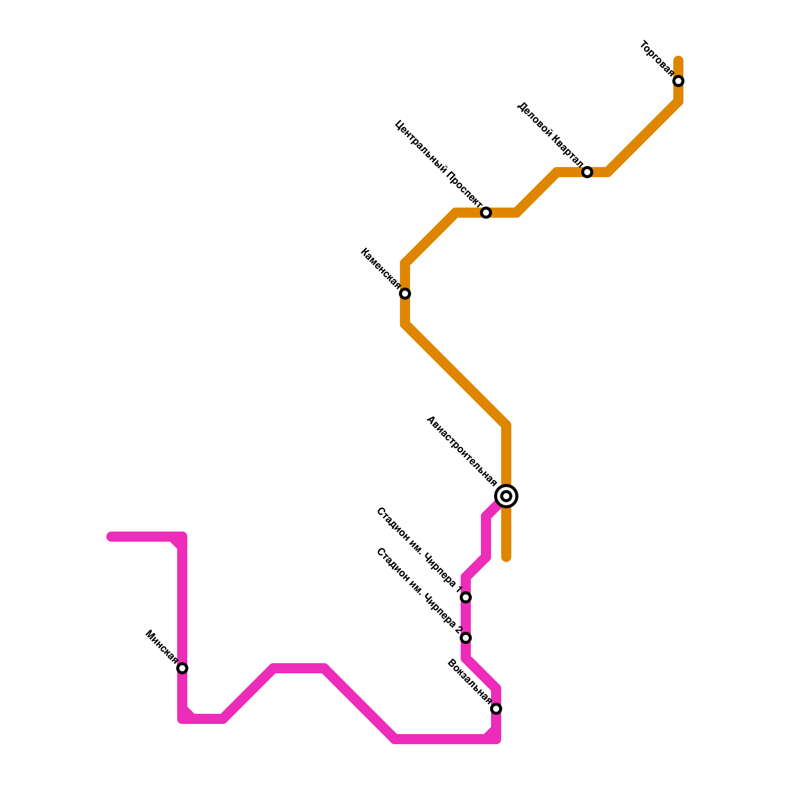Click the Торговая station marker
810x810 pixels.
point(678,81)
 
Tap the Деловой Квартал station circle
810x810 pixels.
point(587,172)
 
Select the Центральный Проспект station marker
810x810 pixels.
point(486,213)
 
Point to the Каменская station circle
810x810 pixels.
point(405,294)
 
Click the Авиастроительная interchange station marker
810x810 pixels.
point(506,496)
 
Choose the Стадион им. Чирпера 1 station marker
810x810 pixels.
point(466,597)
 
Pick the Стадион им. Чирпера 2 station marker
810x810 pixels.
point(466,638)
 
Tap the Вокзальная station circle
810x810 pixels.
point(496,709)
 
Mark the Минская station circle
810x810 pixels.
point(182,668)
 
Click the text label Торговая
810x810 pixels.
point(657,59)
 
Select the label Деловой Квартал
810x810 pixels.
point(550,135)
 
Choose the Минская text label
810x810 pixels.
point(161,647)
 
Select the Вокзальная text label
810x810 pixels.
point(469,681)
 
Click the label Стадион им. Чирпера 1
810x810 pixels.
point(419,550)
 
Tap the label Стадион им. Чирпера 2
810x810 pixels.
point(419,591)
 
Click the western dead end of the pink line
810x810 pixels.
point(110,537)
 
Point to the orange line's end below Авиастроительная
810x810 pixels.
point(506,558)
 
